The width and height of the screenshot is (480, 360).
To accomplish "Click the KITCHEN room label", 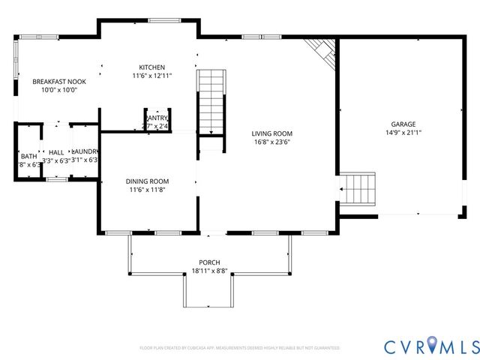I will pos(152,67).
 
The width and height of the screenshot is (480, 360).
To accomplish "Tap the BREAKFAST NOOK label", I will pos(59,81).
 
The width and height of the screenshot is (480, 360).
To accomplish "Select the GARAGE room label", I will pos(403,124).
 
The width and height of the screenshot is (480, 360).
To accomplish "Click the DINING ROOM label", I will pos(147,181).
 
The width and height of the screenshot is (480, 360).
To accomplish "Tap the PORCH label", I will pos(205,262).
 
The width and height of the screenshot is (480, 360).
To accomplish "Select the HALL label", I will pos(56,152).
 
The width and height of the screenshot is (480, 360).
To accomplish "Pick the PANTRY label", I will pos(157,118).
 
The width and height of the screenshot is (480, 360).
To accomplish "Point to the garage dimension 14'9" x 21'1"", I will pos(403,133).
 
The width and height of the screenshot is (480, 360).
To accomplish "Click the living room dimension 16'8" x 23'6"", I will pos(271,141).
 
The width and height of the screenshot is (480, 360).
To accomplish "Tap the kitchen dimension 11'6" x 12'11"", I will pos(152,76).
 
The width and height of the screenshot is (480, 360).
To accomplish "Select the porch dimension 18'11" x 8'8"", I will pos(205,270).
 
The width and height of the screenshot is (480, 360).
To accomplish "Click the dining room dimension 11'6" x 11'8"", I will pos(147,189).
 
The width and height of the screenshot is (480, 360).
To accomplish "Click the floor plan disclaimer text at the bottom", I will pos(240,348).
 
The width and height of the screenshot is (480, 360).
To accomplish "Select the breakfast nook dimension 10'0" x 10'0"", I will pos(59,89).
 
